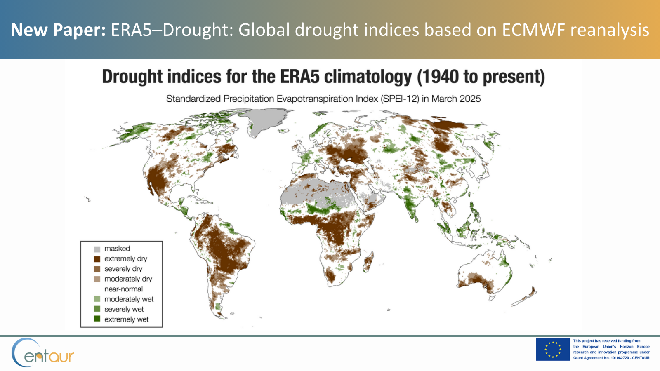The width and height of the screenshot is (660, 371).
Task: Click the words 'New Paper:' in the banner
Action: point(58,30)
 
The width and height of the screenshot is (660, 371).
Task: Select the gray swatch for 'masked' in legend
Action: point(97,249)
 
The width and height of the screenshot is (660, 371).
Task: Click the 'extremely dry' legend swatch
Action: point(97,259)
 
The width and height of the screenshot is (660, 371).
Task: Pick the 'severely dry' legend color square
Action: point(97,269)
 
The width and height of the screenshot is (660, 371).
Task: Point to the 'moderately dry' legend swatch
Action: point(97,279)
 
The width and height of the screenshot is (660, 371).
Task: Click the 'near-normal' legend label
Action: point(123,289)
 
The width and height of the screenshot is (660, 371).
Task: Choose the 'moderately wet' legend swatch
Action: point(97,299)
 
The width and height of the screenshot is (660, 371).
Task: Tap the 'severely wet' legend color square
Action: point(97,309)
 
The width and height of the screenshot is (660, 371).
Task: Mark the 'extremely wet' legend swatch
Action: point(97,319)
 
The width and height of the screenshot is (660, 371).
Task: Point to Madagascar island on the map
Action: point(369,261)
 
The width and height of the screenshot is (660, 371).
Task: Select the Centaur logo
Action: point(42,353)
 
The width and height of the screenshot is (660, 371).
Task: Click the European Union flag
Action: point(553,350)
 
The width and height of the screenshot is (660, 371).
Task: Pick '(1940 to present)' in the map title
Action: point(481,77)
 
